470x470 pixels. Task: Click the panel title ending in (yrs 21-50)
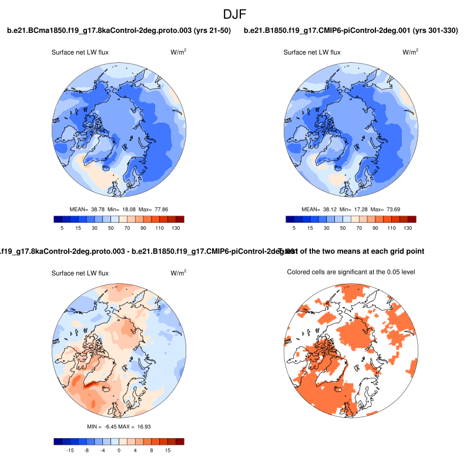(119, 30)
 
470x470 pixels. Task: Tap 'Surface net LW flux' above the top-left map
(80, 52)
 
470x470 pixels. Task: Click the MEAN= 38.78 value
(83, 209)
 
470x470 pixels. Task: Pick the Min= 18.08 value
(120, 209)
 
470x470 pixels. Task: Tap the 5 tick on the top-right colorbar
(294, 228)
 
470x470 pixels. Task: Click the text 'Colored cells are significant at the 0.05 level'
(351, 272)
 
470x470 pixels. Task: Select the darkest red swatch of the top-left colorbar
(180, 219)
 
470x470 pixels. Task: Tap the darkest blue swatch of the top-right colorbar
(290, 219)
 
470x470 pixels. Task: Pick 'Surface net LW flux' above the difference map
(80, 273)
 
